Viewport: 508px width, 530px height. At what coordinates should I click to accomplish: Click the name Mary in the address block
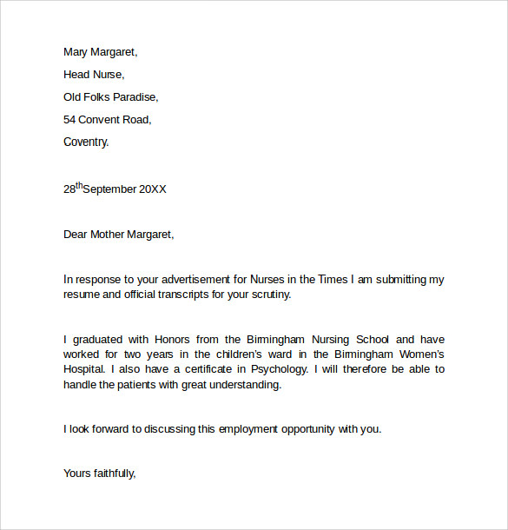(x=77, y=52)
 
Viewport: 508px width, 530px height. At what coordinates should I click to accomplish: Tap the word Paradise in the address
(x=135, y=97)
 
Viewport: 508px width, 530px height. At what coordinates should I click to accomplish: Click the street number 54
(x=70, y=120)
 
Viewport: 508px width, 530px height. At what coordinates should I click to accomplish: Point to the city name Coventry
(x=86, y=142)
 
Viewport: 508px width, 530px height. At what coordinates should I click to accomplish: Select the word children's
(x=246, y=354)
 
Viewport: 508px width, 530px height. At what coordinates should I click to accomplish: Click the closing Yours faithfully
(x=100, y=474)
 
